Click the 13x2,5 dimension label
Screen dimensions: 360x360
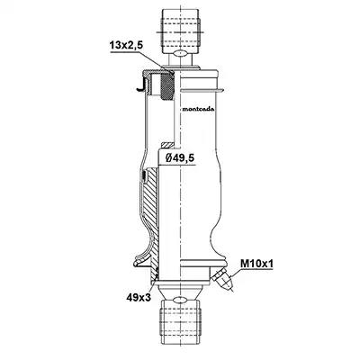(x=126, y=46)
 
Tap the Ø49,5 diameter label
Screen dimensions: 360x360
(x=180, y=158)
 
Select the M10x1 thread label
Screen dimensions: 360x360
(x=256, y=264)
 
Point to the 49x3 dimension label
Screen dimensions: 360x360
(x=139, y=297)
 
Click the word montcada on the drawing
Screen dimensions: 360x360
(x=198, y=109)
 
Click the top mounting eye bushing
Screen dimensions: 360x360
(x=180, y=31)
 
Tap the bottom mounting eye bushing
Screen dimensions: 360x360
(x=180, y=322)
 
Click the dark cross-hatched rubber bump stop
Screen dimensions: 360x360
(x=167, y=86)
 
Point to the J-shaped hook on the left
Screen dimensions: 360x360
(x=141, y=85)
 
